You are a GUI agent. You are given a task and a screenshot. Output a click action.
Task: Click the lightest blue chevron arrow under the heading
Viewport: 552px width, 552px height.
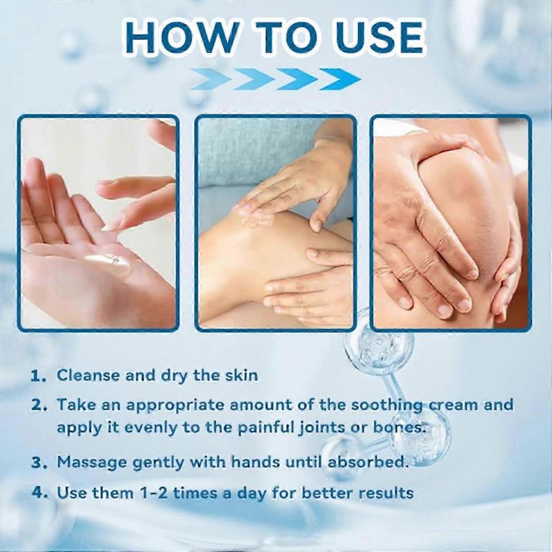pos(210,79)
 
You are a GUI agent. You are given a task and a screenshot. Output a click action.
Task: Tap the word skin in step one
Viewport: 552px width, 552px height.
pos(238,375)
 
